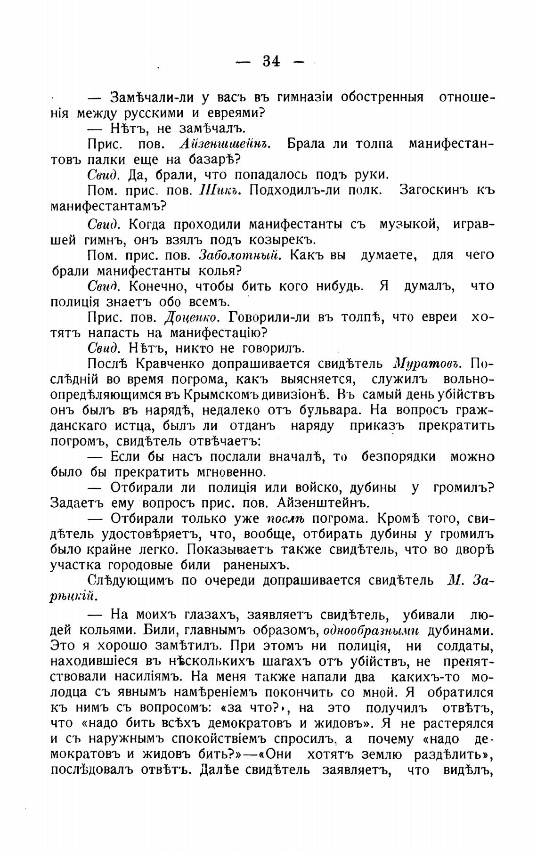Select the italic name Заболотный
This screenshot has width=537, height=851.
click(x=240, y=255)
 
